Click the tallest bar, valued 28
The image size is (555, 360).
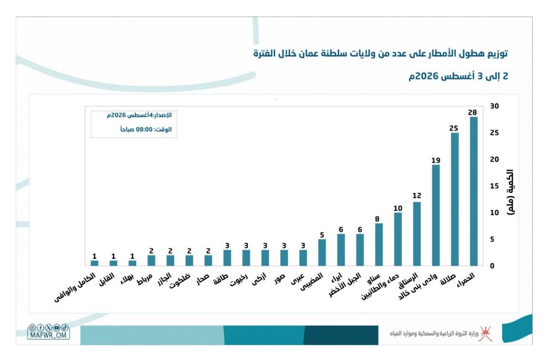pyautogui.click(x=473, y=191)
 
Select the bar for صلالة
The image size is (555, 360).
pyautogui.click(x=454, y=199)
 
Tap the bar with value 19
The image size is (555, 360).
pyautogui.click(x=436, y=215)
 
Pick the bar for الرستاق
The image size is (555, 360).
pyautogui.click(x=417, y=234)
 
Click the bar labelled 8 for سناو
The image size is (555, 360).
pyautogui.click(x=379, y=245)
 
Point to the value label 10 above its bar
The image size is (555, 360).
pyautogui.click(x=398, y=208)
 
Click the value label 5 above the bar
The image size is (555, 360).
pyautogui.click(x=322, y=235)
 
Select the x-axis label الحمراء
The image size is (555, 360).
pyautogui.click(x=466, y=280)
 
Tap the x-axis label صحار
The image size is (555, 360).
pyautogui.click(x=203, y=279)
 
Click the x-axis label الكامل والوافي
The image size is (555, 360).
pyautogui.click(x=75, y=287)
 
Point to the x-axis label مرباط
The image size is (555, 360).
pyautogui.click(x=145, y=279)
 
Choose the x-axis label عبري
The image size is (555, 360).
pyautogui.click(x=298, y=279)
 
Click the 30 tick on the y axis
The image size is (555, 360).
pyautogui.click(x=495, y=106)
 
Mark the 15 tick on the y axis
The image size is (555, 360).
pyautogui.click(x=495, y=186)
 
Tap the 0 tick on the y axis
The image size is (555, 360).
pyautogui.click(x=492, y=266)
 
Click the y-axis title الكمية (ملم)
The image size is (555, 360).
pyautogui.click(x=511, y=192)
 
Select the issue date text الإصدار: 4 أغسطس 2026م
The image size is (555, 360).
pyautogui.click(x=139, y=115)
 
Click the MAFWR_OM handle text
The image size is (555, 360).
pyautogui.click(x=49, y=335)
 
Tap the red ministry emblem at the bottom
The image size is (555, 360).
pyautogui.click(x=486, y=333)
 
